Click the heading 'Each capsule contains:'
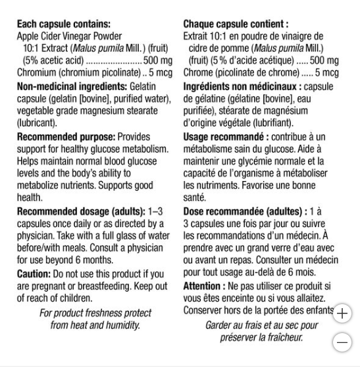tap(64, 24)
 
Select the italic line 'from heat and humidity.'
tap(95, 325)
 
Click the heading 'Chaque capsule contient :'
tap(236, 24)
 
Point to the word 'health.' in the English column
tap(30, 197)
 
